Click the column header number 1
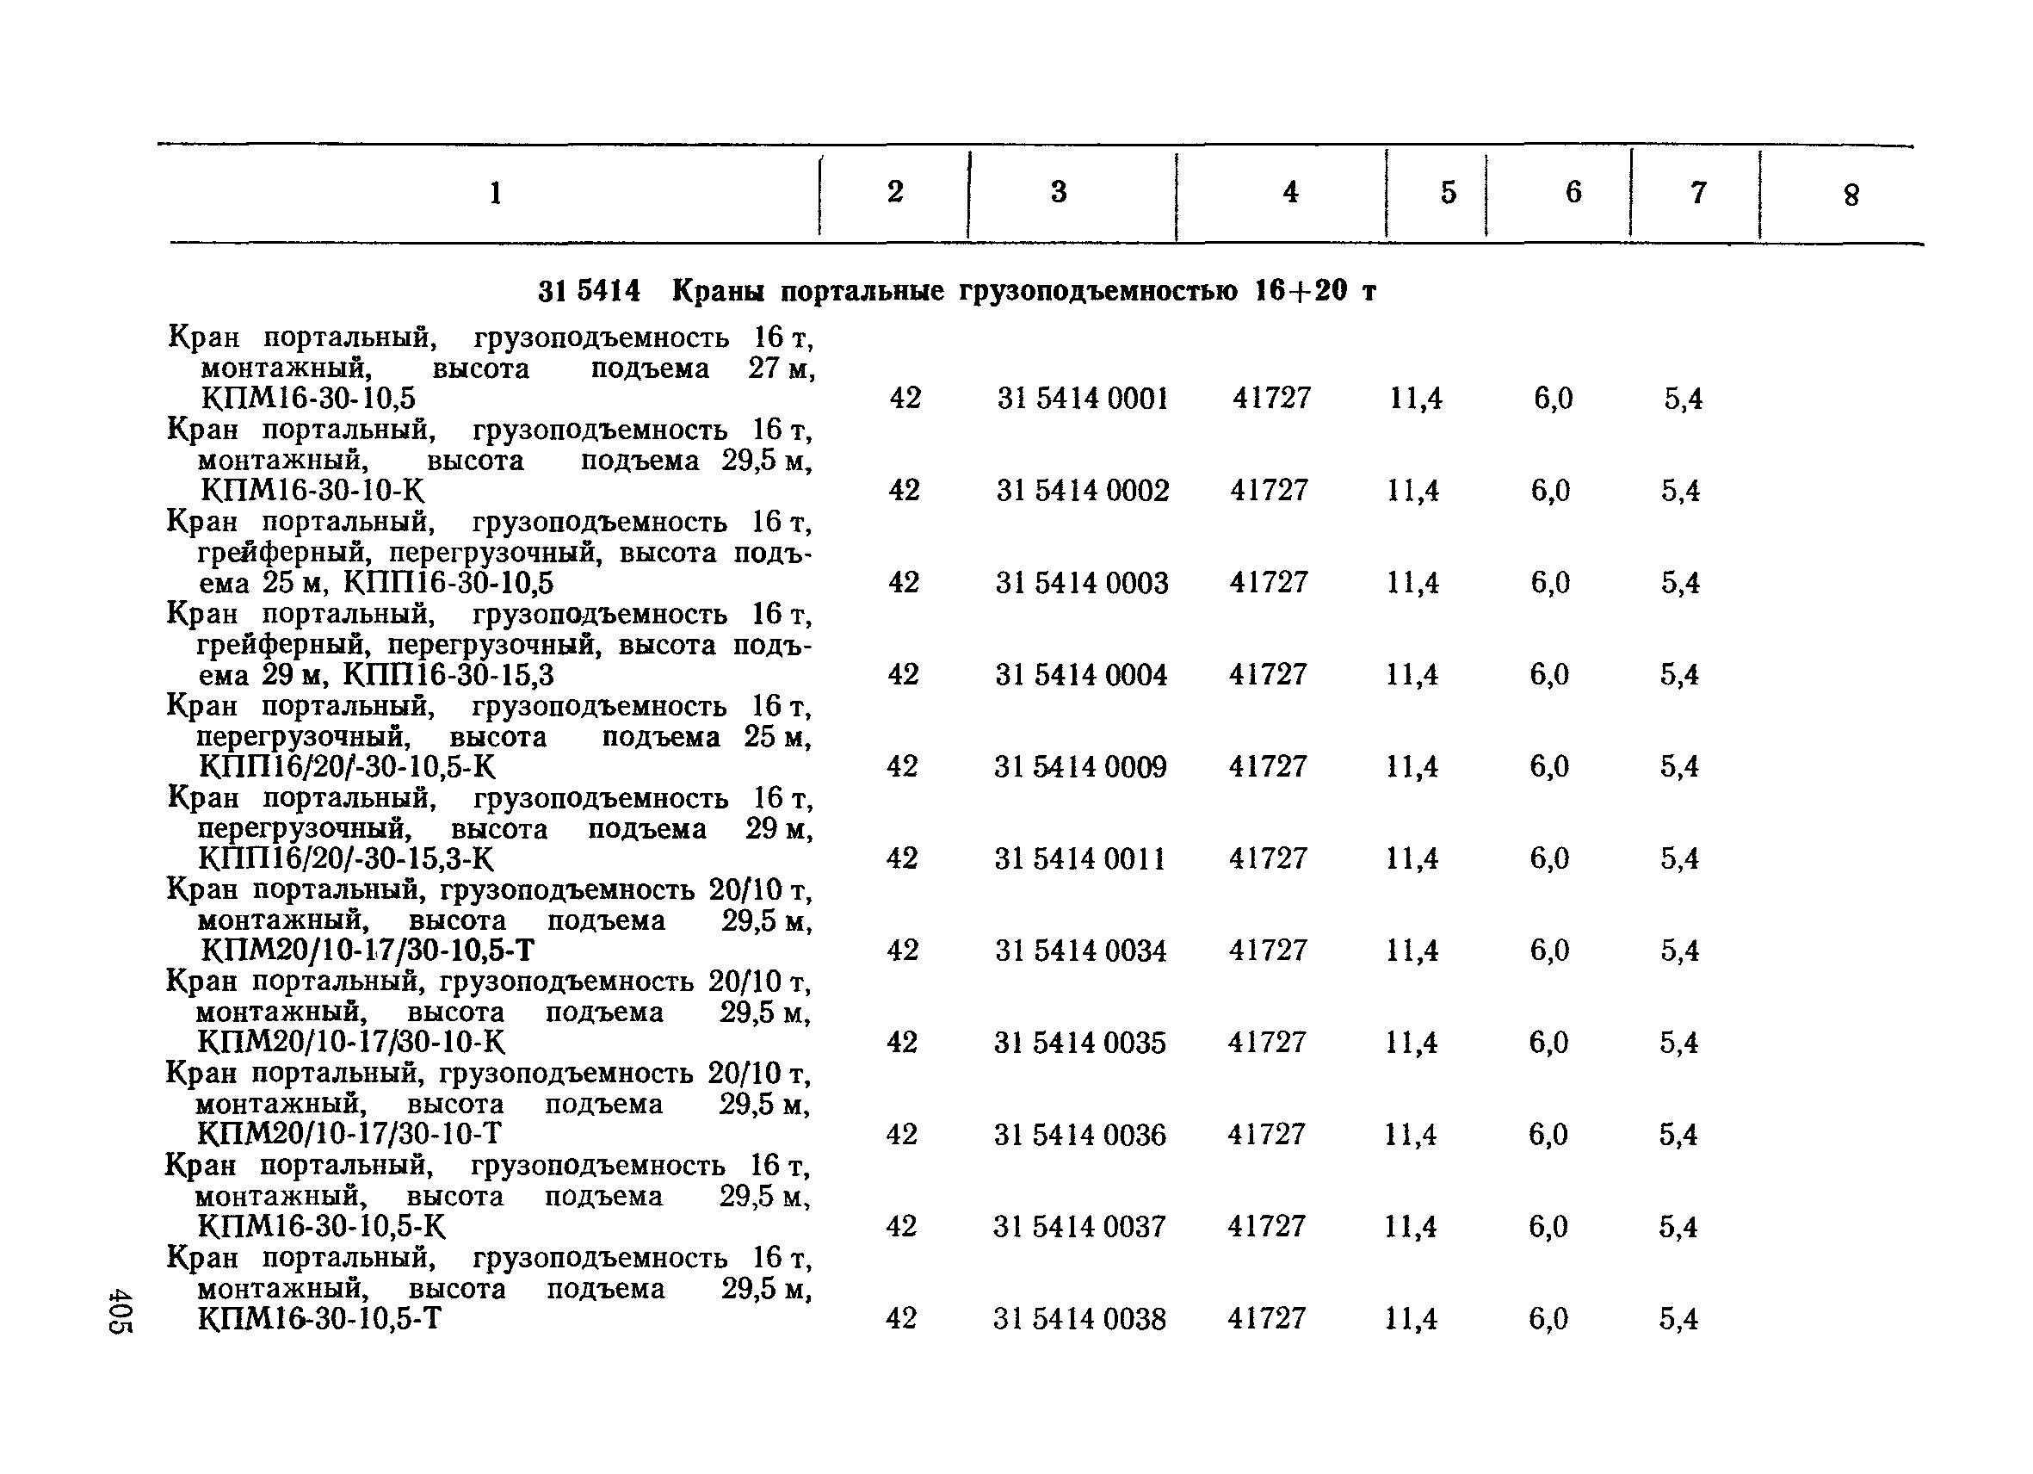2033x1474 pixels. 495,193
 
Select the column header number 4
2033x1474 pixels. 1290,192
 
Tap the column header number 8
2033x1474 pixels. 1851,195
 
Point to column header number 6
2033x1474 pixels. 1573,192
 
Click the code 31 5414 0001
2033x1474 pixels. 1083,398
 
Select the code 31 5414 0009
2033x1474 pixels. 1080,767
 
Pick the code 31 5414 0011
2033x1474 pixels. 1080,859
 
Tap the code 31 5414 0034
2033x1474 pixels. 1080,951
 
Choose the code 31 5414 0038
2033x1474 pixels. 1079,1319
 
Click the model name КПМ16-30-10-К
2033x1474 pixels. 312,491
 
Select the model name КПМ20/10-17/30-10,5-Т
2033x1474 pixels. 368,951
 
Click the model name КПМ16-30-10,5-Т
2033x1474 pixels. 319,1319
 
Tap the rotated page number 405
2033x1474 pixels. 121,1312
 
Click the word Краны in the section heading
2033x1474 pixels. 719,291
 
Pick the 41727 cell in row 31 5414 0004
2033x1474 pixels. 1268,674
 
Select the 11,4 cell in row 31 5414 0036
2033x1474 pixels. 1410,1135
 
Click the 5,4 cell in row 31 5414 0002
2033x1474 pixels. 1680,491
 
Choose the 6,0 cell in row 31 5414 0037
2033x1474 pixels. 1548,1227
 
